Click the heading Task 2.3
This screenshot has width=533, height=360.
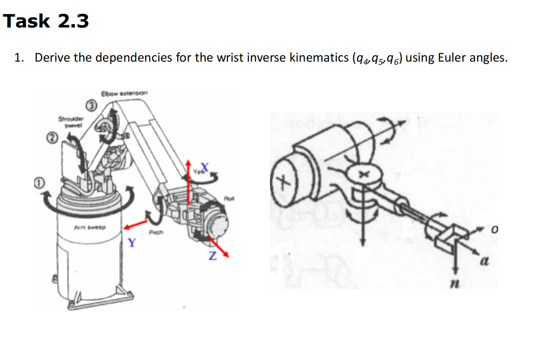[x=46, y=21]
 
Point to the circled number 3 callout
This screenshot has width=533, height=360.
[x=91, y=105]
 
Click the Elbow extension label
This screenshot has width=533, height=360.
[x=124, y=93]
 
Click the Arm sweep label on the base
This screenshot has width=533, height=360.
[x=90, y=227]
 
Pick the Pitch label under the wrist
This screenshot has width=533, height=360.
[x=156, y=233]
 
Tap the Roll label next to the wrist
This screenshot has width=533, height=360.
[x=229, y=198]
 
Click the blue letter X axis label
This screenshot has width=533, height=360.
[x=204, y=167]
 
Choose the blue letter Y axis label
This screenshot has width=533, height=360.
[x=132, y=243]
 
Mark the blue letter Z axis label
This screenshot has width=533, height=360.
[x=212, y=256]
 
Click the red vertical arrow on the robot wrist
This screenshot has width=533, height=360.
[x=189, y=182]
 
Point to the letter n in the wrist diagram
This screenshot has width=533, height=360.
[x=455, y=284]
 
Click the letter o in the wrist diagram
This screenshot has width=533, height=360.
[x=494, y=230]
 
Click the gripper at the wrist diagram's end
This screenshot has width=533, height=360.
[x=448, y=238]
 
